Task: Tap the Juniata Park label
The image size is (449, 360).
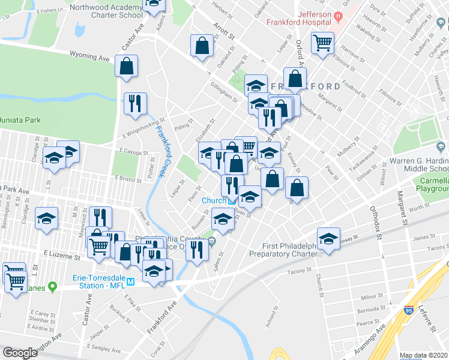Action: click(20, 119)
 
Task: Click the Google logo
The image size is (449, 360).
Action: click(19, 353)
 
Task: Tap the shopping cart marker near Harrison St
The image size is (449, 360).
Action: click(323, 43)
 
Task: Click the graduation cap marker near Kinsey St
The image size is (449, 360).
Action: click(328, 239)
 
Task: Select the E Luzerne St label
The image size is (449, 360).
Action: click(62, 256)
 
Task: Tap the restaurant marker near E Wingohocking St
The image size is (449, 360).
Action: click(135, 103)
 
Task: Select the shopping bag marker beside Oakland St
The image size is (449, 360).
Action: click(202, 46)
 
